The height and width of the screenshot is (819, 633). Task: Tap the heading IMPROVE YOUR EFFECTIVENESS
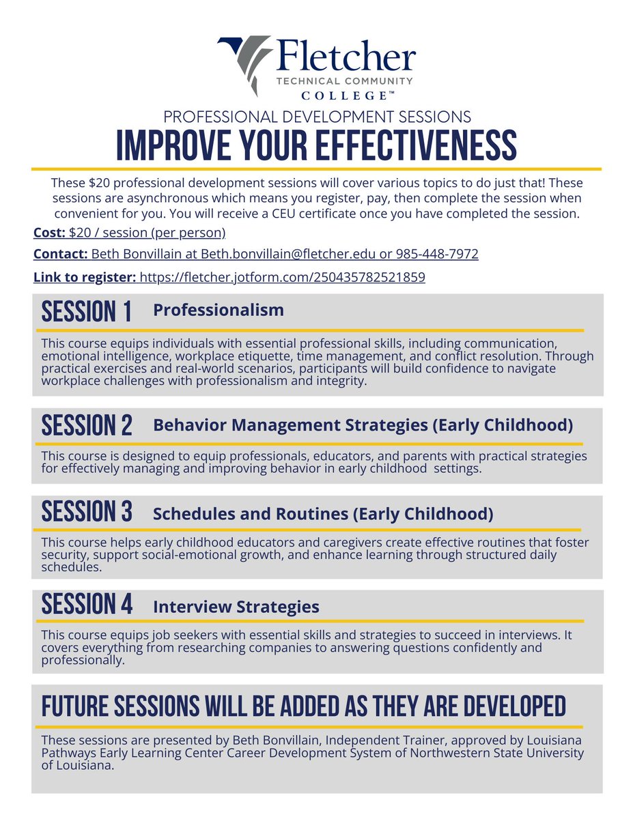316,145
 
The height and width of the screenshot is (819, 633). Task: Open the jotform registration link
282,278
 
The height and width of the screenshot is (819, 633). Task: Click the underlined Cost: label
49,233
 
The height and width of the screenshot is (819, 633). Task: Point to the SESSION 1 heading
87,312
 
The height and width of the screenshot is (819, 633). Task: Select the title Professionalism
219,311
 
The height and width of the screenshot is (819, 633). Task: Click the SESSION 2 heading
87,426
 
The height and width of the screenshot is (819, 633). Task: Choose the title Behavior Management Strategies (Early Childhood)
363,425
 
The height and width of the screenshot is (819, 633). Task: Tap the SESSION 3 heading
87,512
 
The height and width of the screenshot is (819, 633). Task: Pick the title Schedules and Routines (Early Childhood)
323,513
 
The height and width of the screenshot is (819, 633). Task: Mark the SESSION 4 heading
87,605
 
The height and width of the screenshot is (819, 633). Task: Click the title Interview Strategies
236,606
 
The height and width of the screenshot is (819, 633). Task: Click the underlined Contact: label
59,255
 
